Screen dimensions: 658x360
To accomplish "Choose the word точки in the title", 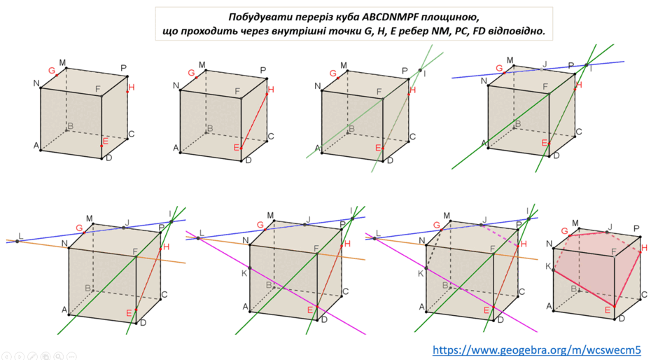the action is (x=349, y=31).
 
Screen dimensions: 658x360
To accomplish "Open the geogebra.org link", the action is (x=537, y=350).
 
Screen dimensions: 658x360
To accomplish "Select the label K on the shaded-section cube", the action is (x=548, y=266).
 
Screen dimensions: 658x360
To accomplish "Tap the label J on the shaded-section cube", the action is (x=610, y=227).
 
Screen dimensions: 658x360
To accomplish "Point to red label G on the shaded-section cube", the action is (x=564, y=231).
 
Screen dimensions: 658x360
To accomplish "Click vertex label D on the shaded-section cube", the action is (x=622, y=319).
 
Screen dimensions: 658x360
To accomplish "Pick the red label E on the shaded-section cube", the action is (x=607, y=310).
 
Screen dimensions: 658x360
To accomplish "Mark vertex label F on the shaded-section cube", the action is (x=614, y=251).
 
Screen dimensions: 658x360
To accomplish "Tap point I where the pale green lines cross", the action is (x=420, y=71).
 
